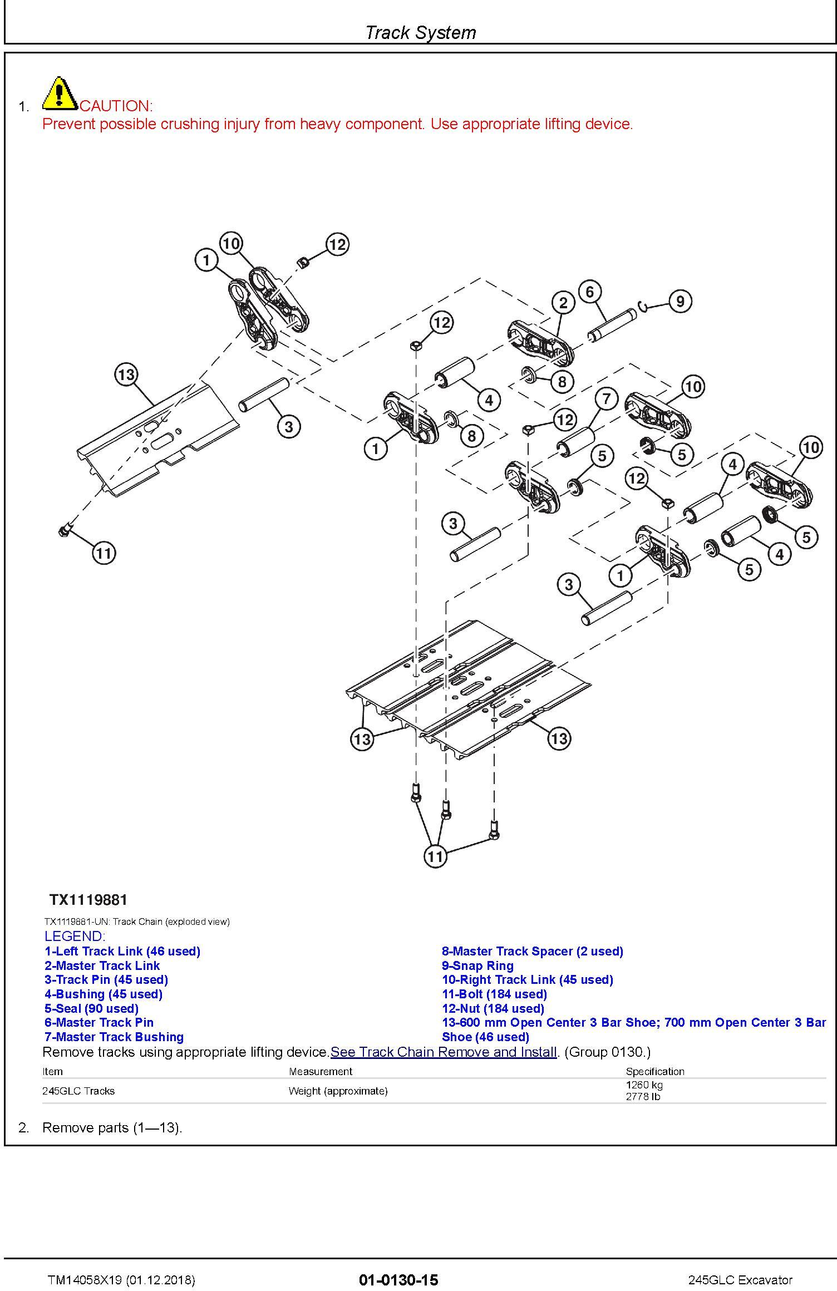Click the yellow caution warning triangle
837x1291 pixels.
coord(60,93)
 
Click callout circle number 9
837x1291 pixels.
coord(680,301)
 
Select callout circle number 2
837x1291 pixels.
coord(563,303)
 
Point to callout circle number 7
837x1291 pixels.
coord(607,398)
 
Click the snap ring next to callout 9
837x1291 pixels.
coord(643,306)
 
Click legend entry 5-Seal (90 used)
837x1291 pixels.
coord(91,1008)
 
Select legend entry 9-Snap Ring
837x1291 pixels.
coord(477,965)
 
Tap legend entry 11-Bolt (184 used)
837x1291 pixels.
coord(494,994)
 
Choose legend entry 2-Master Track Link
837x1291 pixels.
coord(102,965)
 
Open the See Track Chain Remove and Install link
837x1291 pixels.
coord(444,1052)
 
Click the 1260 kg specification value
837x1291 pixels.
coord(644,1085)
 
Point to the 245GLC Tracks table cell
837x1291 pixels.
coord(78,1091)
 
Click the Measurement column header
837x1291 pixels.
coord(320,1071)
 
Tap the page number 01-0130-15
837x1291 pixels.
coord(398,1280)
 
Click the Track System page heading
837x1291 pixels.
coord(420,32)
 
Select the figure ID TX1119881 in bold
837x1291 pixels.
coord(88,900)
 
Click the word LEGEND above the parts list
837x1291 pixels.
coord(75,937)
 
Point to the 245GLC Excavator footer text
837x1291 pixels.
coord(740,1280)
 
